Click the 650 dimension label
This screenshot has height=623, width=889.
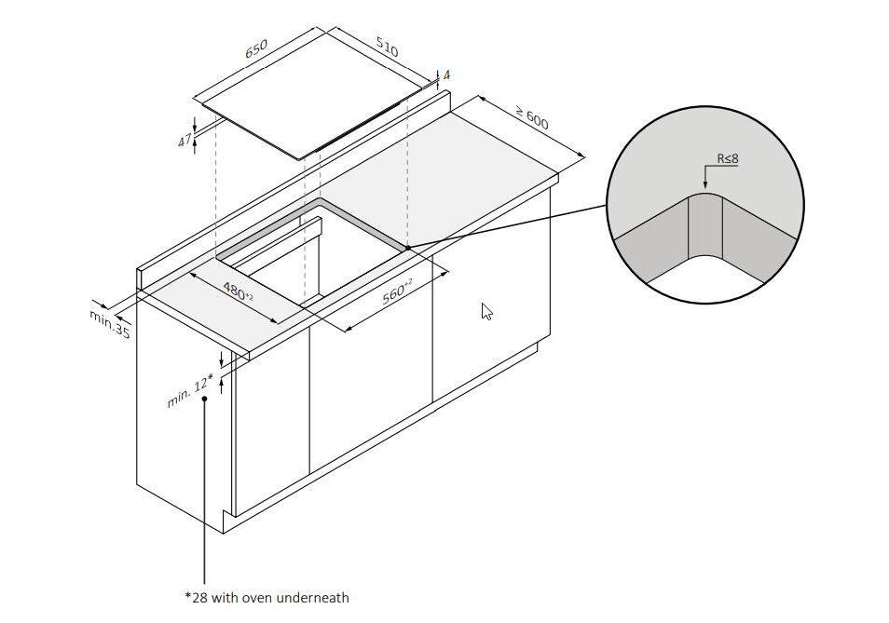click(x=256, y=48)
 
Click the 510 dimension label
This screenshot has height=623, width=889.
click(x=388, y=47)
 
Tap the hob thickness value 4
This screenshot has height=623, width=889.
click(x=446, y=74)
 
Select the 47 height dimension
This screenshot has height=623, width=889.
click(x=185, y=140)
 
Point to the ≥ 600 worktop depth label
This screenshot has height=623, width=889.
click(x=532, y=117)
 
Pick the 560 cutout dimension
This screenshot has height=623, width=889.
click(x=396, y=291)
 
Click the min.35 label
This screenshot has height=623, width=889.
click(x=109, y=323)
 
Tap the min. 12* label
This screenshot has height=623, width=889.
click(x=190, y=391)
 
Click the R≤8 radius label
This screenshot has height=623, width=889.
click(x=728, y=158)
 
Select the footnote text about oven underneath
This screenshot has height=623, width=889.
click(x=267, y=598)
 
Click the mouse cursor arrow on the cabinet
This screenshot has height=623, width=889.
click(x=486, y=311)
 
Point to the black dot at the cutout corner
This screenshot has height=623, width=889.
click(x=407, y=248)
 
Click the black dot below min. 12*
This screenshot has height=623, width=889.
click(x=204, y=399)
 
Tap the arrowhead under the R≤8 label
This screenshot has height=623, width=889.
click(x=704, y=184)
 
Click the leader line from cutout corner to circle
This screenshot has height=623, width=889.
click(x=508, y=226)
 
